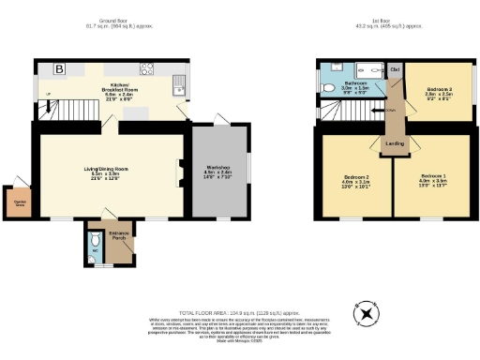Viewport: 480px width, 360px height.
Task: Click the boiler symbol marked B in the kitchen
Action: (x=58, y=69)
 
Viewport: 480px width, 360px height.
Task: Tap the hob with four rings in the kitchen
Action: (x=147, y=68)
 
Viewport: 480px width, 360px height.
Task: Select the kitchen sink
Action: (x=177, y=88)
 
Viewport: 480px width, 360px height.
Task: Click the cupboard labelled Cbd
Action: (x=395, y=69)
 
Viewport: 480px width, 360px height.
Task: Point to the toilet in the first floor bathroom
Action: (x=326, y=88)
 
